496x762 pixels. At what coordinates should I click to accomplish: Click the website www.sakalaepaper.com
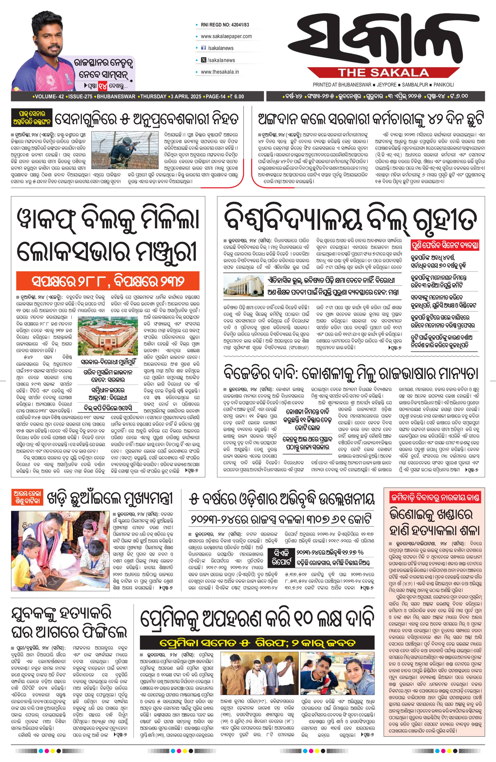pos(226,36)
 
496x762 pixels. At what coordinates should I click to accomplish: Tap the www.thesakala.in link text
pos(220,72)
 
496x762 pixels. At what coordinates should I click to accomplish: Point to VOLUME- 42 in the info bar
pos(49,96)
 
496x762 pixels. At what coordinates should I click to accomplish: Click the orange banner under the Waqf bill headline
pos(108,281)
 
